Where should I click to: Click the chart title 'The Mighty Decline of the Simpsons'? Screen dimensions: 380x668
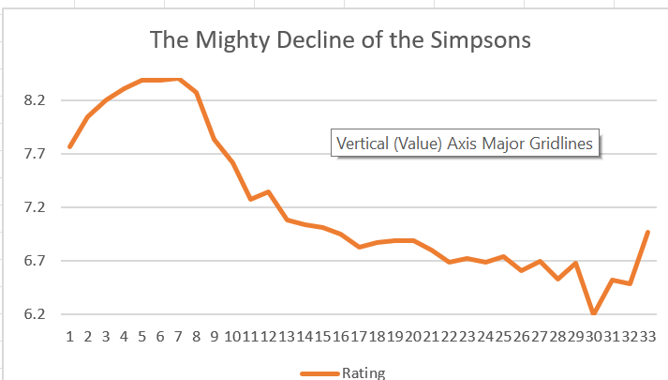tap(341, 40)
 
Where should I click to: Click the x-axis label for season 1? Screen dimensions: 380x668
tap(69, 335)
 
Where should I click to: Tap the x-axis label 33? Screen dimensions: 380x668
tap(646, 335)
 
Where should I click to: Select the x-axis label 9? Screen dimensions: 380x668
tap(215, 335)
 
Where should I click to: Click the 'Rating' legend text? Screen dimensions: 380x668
tap(364, 372)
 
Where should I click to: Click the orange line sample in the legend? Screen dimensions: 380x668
tap(319, 372)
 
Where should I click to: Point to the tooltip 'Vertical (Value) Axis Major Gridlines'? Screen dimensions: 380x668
tap(465, 144)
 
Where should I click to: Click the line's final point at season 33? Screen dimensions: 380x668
tap(647, 232)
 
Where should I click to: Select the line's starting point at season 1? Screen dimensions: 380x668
tap(69, 147)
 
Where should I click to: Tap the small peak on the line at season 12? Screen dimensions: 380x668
tap(269, 191)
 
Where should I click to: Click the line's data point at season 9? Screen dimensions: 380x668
tap(215, 139)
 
